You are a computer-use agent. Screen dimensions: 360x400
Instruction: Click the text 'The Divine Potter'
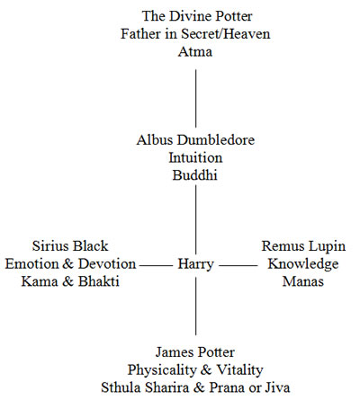pos(197,16)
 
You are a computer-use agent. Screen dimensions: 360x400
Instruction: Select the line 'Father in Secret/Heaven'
pos(195,33)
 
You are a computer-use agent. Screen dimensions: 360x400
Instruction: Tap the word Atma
pos(195,51)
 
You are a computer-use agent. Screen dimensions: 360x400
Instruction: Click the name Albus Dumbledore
pos(195,140)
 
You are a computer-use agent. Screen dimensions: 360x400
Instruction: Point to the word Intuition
pos(195,157)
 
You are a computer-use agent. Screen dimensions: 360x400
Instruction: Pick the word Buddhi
pos(194,175)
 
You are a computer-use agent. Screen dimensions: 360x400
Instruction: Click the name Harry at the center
pos(195,264)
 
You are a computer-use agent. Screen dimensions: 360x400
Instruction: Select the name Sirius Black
pos(70,246)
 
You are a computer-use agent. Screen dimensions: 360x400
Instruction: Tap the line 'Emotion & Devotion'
pos(70,264)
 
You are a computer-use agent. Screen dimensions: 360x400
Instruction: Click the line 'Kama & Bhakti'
pos(70,281)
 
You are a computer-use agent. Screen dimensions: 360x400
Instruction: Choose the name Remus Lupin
pos(303,246)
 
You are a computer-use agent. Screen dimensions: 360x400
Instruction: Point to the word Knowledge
pos(303,264)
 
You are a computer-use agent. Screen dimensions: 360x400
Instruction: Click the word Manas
pos(303,281)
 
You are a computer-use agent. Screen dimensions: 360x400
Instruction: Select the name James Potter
pos(195,352)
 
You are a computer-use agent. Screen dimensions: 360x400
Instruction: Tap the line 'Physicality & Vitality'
pos(195,370)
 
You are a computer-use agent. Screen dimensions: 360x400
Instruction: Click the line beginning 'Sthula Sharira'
pos(195,387)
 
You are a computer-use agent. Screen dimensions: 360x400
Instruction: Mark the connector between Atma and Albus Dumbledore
pos(196,99)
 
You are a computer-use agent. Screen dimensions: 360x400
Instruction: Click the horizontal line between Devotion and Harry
pos(157,265)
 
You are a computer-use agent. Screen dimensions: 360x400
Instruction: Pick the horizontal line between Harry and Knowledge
pos(238,265)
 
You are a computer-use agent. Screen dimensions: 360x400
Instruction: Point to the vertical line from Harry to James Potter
pos(196,306)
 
